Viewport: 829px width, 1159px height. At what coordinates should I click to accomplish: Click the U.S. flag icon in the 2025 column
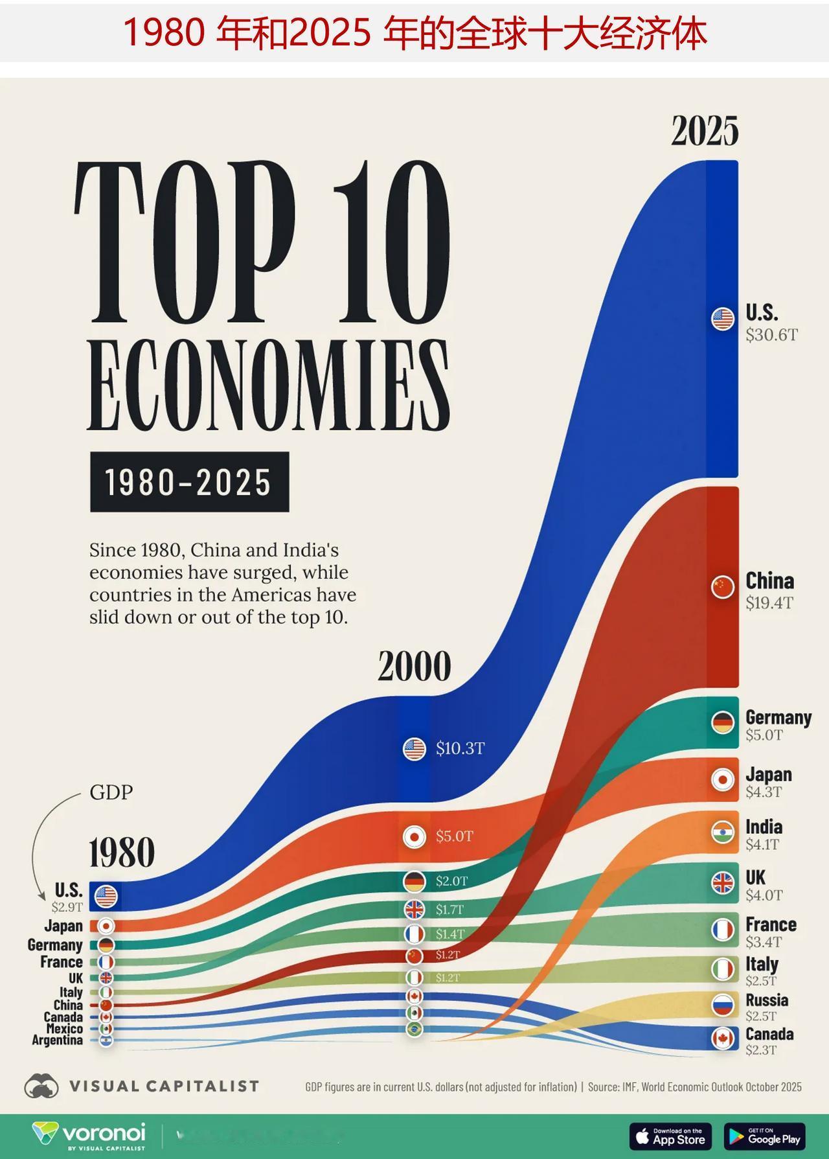(x=722, y=319)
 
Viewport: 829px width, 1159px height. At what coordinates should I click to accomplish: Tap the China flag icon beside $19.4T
(x=722, y=587)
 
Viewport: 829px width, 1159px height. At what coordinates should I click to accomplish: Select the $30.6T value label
(x=771, y=335)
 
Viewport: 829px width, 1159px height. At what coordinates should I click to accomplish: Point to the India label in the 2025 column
(x=764, y=827)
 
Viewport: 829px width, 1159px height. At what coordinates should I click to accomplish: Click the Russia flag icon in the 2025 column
(x=722, y=1005)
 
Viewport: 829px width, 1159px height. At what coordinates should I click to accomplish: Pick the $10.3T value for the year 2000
(x=460, y=749)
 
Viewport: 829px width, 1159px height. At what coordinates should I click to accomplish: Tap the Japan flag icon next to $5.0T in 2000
(x=414, y=837)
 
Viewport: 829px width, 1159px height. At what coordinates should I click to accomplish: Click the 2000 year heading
(x=414, y=667)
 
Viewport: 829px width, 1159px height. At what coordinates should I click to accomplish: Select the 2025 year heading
(x=705, y=131)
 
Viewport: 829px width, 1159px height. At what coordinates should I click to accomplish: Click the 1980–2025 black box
(x=189, y=482)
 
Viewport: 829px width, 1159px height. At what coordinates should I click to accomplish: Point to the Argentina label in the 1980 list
(x=57, y=1040)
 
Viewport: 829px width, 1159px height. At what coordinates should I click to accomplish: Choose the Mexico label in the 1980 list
(x=64, y=1029)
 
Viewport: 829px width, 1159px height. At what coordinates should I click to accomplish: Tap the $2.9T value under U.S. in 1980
(x=67, y=907)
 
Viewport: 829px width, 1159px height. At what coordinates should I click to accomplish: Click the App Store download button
(x=670, y=1136)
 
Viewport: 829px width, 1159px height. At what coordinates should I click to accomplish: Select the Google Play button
(x=764, y=1136)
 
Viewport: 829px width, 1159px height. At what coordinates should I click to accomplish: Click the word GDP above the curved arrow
(x=111, y=792)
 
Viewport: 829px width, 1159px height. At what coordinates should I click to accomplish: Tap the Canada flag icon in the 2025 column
(x=722, y=1039)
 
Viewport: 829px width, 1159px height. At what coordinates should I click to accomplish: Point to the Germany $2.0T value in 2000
(x=451, y=881)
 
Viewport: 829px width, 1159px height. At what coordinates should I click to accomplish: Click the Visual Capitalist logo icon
(x=41, y=1086)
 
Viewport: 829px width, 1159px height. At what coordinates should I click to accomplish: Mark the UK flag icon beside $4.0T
(x=722, y=882)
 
